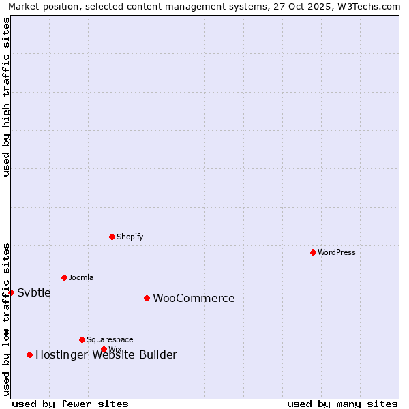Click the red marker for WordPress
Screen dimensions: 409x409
[313, 252]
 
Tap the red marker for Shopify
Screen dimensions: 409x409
[112, 237]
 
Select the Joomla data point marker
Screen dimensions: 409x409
[64, 277]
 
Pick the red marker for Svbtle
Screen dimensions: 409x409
[11, 292]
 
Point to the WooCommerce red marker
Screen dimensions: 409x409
[147, 298]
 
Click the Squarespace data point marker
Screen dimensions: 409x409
[82, 339]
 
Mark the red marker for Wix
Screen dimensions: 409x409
[104, 349]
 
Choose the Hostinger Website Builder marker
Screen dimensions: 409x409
[29, 354]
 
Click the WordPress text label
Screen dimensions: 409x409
[337, 252]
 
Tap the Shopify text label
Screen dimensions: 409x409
[130, 237]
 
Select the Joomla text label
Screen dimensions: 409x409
[81, 277]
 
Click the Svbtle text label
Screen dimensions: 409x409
[34, 292]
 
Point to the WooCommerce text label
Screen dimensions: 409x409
[194, 298]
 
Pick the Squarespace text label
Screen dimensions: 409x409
[110, 339]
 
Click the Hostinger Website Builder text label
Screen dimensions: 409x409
[106, 354]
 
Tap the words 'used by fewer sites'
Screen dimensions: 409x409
[70, 404]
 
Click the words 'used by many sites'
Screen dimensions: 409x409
[342, 404]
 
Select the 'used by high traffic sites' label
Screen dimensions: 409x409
[6, 97]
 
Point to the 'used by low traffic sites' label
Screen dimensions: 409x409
[6, 319]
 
